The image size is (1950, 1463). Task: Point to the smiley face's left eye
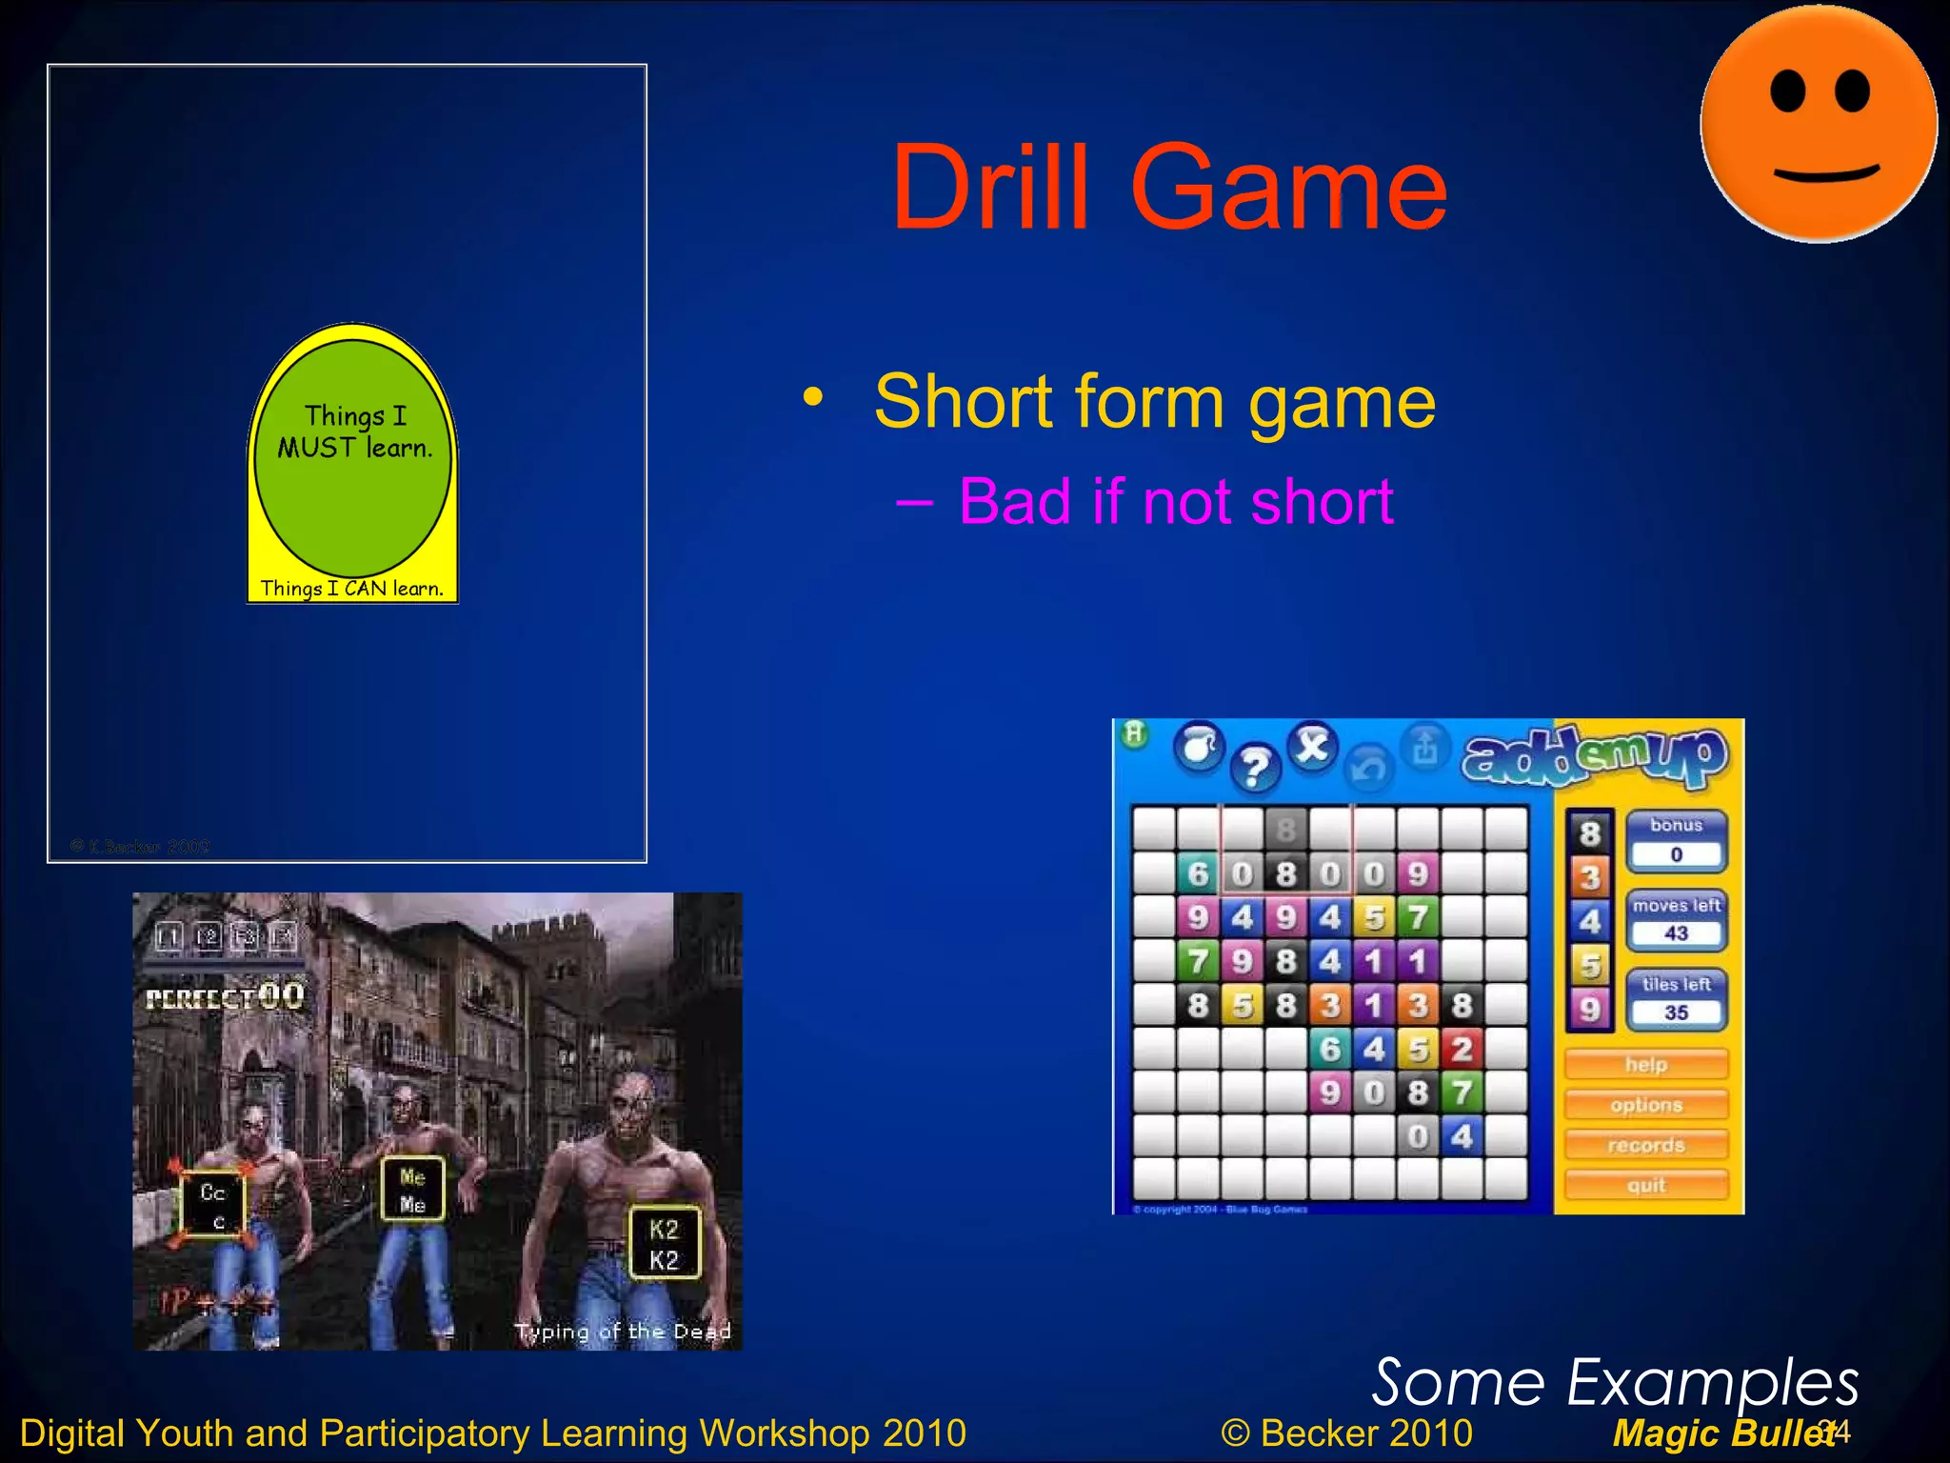click(1788, 93)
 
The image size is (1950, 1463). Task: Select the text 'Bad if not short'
click(1175, 501)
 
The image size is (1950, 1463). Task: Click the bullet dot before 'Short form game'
click(812, 397)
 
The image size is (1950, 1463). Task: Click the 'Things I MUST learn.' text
click(355, 431)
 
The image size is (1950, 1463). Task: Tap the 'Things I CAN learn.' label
click(352, 589)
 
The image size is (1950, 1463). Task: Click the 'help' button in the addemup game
click(1646, 1064)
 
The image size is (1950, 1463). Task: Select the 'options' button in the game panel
click(1646, 1105)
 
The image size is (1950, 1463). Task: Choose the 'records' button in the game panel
click(1646, 1145)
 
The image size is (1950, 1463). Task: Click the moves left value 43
click(1676, 933)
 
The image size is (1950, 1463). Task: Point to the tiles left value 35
click(1676, 1012)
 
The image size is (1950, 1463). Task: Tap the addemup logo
click(1595, 757)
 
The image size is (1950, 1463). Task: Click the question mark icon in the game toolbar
click(1255, 767)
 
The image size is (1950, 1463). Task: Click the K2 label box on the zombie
click(664, 1244)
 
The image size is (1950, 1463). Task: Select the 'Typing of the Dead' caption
click(623, 1331)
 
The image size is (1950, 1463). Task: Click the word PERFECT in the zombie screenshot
click(200, 998)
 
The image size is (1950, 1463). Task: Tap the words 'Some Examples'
click(1615, 1383)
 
